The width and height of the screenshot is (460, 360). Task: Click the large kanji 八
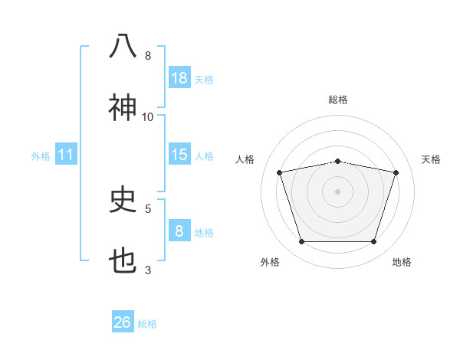tap(123, 46)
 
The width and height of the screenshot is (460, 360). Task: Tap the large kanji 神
tap(123, 107)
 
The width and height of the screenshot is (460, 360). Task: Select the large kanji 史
tap(123, 198)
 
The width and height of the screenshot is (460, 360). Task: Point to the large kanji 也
tap(123, 260)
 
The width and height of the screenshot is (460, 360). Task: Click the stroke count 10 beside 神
tap(147, 117)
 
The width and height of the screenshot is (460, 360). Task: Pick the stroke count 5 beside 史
tap(148, 209)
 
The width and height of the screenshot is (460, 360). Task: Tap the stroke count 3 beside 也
tap(148, 270)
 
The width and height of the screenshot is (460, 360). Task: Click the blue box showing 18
tap(179, 77)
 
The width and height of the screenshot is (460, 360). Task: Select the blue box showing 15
tap(179, 154)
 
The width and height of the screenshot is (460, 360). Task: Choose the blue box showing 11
tap(66, 154)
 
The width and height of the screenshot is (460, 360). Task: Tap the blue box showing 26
tap(123, 321)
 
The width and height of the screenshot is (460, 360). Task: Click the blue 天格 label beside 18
tap(204, 80)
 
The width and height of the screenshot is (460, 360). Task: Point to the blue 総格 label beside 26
tap(147, 324)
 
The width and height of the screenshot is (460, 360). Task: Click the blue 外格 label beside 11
tap(41, 156)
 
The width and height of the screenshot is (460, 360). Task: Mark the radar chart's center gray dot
tap(337, 191)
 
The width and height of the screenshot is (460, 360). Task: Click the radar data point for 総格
tap(337, 162)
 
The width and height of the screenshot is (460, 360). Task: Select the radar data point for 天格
tap(396, 172)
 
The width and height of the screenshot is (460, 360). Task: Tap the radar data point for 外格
tap(301, 241)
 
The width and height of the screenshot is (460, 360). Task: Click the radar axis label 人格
tap(245, 159)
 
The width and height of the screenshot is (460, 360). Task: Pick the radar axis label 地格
tap(402, 262)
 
